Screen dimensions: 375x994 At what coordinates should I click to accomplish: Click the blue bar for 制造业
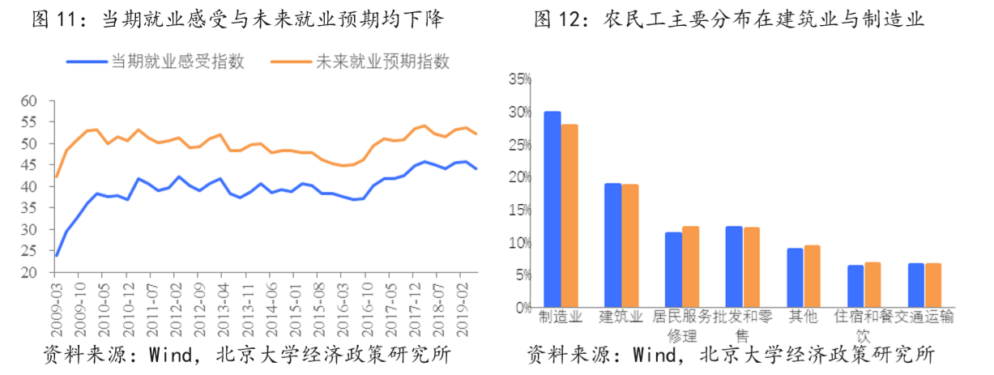[x=552, y=210]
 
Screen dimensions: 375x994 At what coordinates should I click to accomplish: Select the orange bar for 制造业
[x=570, y=216]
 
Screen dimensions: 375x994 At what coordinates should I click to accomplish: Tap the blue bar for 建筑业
[x=612, y=245]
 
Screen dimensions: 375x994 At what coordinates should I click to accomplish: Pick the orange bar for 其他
[x=812, y=276]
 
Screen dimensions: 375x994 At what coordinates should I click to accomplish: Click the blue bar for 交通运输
[x=915, y=285]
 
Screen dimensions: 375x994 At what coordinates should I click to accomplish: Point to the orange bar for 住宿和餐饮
[x=872, y=285]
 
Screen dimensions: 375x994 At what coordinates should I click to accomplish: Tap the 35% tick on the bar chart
[x=519, y=79]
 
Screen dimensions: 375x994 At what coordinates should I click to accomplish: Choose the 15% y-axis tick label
[x=519, y=210]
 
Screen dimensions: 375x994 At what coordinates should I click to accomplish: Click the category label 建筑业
[x=621, y=317]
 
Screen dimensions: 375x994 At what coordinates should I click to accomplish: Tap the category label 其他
[x=803, y=317]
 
